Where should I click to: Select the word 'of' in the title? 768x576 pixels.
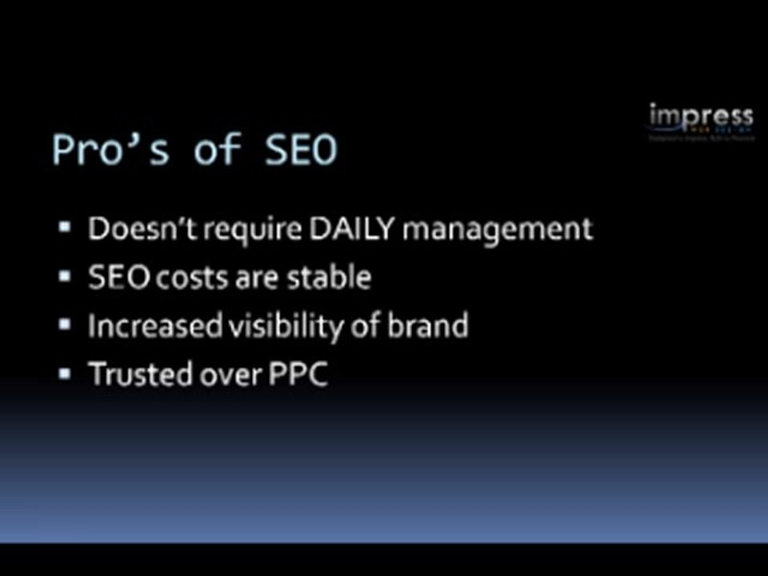pos(218,150)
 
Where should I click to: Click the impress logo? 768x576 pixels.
pos(701,119)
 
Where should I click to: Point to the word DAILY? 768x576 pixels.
pos(352,230)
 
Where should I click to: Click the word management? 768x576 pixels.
pos(498,230)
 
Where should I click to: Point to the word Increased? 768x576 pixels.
pos(144,326)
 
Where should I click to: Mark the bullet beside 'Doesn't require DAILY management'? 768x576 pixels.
pos(66,229)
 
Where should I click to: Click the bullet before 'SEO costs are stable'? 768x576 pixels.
pos(66,277)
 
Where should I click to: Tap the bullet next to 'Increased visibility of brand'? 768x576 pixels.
pos(66,325)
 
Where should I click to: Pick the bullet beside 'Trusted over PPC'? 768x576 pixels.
pos(66,373)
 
